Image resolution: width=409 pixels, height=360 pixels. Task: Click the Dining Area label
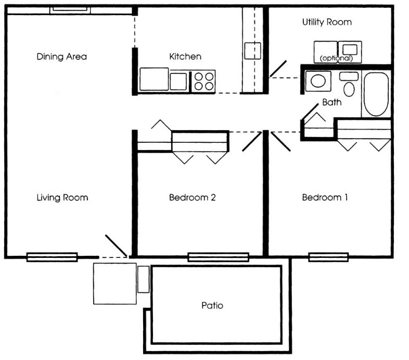[61, 56]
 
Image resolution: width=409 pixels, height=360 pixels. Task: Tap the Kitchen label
[185, 56]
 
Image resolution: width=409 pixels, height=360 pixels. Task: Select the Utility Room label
[327, 22]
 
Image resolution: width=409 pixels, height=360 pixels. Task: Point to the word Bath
[331, 103]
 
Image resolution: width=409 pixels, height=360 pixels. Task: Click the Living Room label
[62, 197]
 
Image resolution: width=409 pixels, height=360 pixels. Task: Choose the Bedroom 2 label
[192, 197]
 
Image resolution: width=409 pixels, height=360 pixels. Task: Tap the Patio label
[212, 305]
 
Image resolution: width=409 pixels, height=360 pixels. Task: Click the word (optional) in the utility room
[337, 58]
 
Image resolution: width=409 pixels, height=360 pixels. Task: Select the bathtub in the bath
[376, 94]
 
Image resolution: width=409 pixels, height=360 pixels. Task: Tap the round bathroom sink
[317, 81]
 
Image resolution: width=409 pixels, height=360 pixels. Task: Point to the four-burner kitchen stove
[203, 81]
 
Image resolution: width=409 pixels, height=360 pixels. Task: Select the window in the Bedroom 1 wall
[328, 256]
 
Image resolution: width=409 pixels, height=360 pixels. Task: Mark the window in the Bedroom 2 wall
[218, 256]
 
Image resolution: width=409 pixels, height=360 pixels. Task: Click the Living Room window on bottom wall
[52, 256]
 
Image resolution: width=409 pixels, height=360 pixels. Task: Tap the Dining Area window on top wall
[70, 10]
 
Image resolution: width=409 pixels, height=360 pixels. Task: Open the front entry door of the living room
[116, 246]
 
